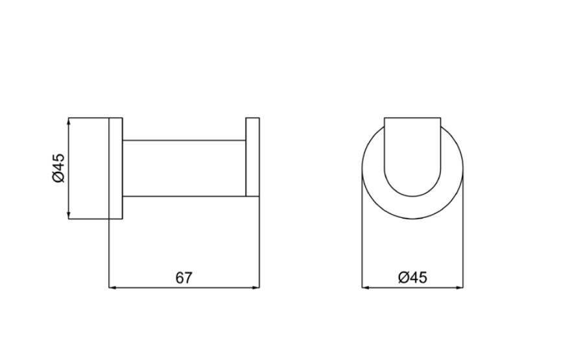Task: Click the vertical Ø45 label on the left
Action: (58, 168)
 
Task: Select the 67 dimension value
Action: (184, 278)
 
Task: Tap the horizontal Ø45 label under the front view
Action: (412, 278)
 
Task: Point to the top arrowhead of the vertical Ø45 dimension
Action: (69, 121)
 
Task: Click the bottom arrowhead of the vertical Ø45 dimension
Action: (69, 216)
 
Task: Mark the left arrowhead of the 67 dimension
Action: (112, 287)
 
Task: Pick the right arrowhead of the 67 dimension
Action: (256, 287)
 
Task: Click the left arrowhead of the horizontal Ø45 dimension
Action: (365, 287)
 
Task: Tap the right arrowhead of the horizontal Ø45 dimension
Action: (460, 287)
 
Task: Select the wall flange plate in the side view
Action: (115, 168)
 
